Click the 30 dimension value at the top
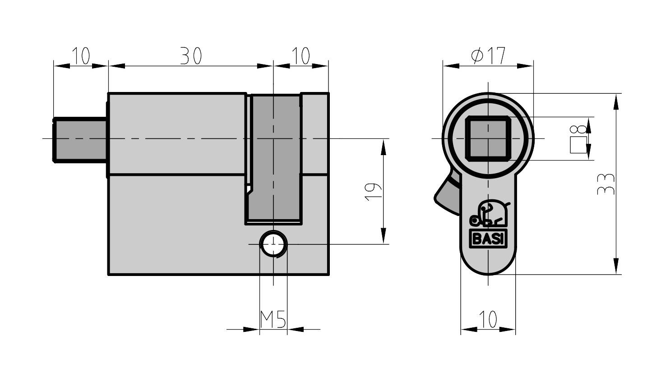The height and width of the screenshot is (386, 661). (190, 56)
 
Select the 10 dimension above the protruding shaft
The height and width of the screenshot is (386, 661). (81, 56)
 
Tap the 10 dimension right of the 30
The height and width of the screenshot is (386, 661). (300, 56)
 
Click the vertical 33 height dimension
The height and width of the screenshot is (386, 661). (605, 184)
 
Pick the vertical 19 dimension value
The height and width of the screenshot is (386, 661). (373, 192)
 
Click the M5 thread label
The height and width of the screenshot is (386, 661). (273, 320)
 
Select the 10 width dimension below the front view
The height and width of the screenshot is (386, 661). (488, 320)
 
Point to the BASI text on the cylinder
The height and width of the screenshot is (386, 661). (488, 239)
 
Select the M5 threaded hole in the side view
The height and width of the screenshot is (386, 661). (273, 244)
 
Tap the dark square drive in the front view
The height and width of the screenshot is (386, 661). (488, 138)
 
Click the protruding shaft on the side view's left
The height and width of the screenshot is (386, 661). (80, 139)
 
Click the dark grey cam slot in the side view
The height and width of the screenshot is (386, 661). (274, 158)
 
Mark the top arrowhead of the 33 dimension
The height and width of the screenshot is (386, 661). (616, 101)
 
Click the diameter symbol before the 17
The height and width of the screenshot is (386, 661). (477, 56)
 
